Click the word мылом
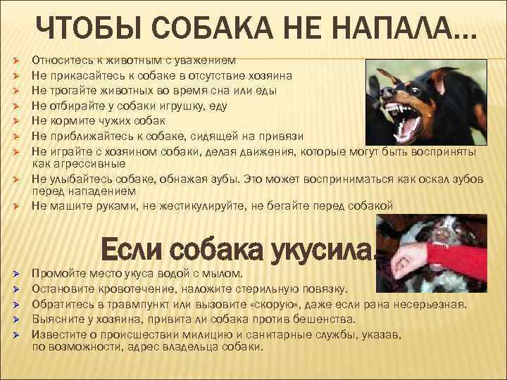225,272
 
